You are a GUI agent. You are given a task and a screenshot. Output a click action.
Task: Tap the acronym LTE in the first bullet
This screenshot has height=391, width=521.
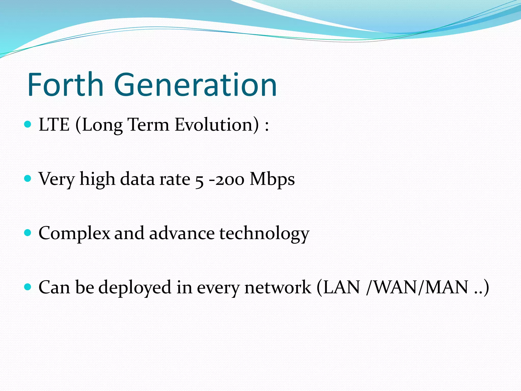pyautogui.click(x=54, y=125)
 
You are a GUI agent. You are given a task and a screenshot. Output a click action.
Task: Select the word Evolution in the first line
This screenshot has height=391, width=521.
pyautogui.click(x=217, y=125)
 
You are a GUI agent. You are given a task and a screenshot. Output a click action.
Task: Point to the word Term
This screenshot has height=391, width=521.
pyautogui.click(x=148, y=125)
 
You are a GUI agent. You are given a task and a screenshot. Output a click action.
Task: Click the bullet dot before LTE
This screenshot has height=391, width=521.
pyautogui.click(x=27, y=124)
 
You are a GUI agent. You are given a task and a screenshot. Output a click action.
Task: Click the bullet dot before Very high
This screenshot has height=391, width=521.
pyautogui.click(x=27, y=178)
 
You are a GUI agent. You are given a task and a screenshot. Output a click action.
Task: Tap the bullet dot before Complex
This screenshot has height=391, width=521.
pyautogui.click(x=27, y=232)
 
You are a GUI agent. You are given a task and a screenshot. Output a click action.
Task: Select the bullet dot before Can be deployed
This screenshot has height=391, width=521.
pyautogui.click(x=27, y=287)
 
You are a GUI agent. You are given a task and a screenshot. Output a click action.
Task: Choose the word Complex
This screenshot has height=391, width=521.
pyautogui.click(x=74, y=233)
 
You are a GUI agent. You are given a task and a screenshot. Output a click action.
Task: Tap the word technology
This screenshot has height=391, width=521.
pyautogui.click(x=264, y=233)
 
